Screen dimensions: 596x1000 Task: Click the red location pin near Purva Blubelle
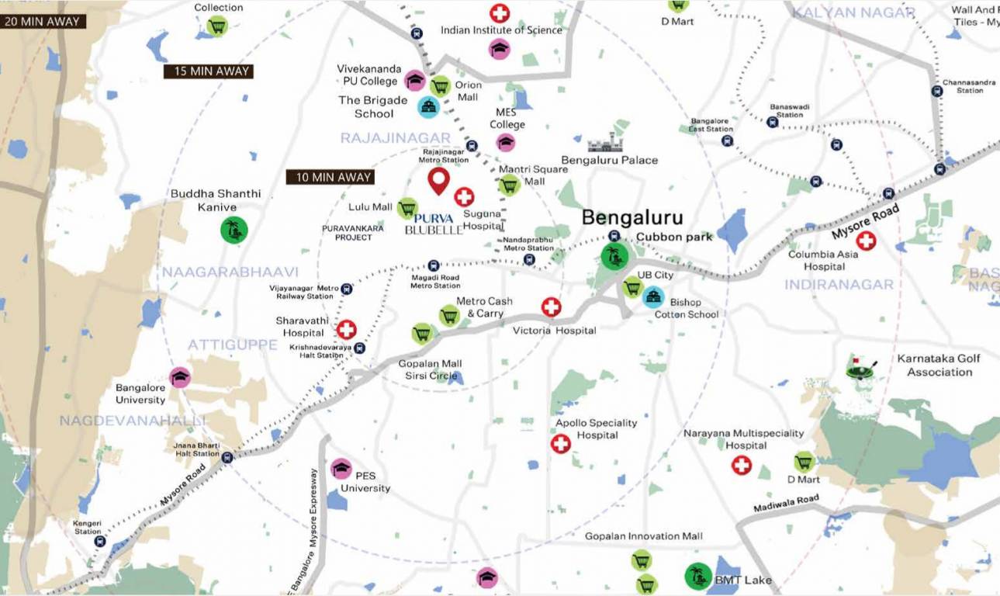(439, 180)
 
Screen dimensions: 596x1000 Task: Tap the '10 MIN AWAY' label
(330, 177)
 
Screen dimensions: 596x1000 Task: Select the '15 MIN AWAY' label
(208, 71)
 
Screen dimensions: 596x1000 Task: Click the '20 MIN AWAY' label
(43, 21)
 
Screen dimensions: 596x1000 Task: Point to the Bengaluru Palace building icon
(605, 143)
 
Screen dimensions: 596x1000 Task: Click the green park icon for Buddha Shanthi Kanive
(234, 230)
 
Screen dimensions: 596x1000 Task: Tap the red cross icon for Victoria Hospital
(551, 307)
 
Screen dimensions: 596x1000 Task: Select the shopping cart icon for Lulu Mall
(407, 208)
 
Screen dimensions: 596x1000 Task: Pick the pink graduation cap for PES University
(341, 469)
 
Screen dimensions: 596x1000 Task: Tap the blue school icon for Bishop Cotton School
(653, 296)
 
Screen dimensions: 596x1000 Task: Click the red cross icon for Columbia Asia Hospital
(865, 241)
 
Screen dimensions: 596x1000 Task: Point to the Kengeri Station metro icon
(100, 542)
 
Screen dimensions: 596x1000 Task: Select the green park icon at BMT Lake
(697, 576)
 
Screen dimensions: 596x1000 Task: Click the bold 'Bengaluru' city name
(632, 217)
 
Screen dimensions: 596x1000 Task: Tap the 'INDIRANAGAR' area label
(839, 285)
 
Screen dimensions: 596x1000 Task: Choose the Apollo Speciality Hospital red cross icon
(560, 444)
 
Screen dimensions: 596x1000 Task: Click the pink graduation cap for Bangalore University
(180, 377)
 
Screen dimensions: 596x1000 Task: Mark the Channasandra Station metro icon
(936, 90)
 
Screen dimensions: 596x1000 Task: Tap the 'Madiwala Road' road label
(786, 503)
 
